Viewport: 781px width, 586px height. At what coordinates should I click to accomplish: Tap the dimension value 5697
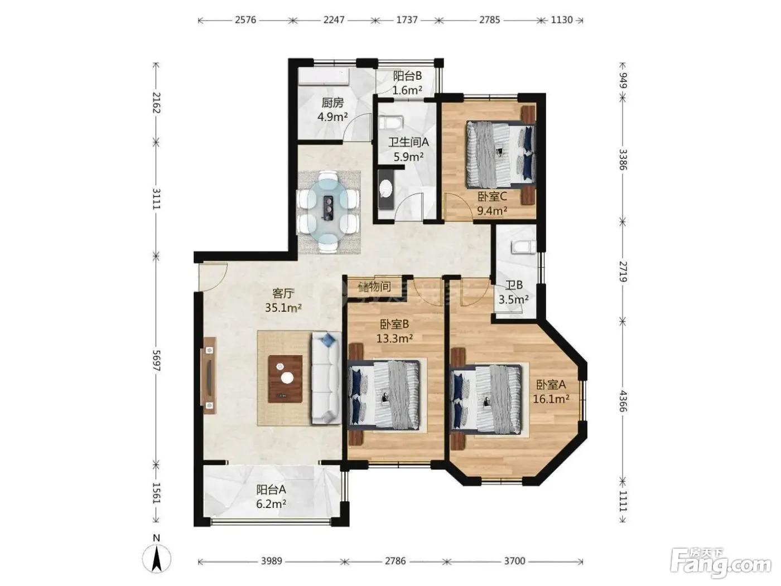click(156, 360)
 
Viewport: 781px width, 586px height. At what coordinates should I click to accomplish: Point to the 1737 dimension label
click(407, 20)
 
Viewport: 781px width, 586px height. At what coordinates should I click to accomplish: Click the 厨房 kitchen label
click(332, 103)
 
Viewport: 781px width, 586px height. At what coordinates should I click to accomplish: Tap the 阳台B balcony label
click(407, 76)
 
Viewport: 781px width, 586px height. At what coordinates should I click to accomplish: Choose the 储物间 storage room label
click(375, 286)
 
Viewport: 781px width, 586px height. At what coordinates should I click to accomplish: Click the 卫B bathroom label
click(514, 285)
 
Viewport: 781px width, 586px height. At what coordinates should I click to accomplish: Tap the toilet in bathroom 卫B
click(523, 247)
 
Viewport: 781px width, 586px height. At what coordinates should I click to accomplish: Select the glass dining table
click(329, 211)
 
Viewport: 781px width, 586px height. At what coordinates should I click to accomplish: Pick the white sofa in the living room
click(326, 378)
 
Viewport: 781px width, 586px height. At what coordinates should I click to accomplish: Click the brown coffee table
click(286, 379)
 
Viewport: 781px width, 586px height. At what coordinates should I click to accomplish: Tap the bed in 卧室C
click(501, 154)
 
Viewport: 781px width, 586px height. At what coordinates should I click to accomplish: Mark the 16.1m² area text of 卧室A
click(551, 399)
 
